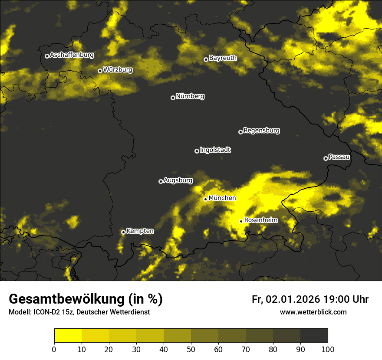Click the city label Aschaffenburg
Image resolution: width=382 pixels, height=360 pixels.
tap(72, 55)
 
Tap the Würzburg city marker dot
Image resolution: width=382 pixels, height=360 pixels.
tap(100, 71)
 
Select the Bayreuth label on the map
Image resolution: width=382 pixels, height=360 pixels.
tap(223, 58)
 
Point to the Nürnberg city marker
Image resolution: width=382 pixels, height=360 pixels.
tap(173, 98)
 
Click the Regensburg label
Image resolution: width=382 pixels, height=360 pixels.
tap(261, 130)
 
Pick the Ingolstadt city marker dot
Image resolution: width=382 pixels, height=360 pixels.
tap(197, 151)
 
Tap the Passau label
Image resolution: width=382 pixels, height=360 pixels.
tap(339, 157)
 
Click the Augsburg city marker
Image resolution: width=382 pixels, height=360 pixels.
tap(161, 181)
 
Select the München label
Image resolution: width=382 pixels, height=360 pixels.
tap(222, 198)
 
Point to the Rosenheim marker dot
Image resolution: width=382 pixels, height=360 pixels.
tap(241, 221)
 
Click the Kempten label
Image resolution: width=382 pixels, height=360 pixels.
tap(140, 231)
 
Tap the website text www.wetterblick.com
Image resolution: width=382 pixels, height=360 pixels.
tap(313, 312)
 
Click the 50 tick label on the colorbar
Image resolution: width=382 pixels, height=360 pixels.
tap(191, 349)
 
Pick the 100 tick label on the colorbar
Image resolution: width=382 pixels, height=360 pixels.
tap(328, 349)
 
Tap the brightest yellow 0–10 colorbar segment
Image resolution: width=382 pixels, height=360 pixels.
tap(68, 336)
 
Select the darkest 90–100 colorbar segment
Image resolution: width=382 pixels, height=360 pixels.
tap(314, 336)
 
